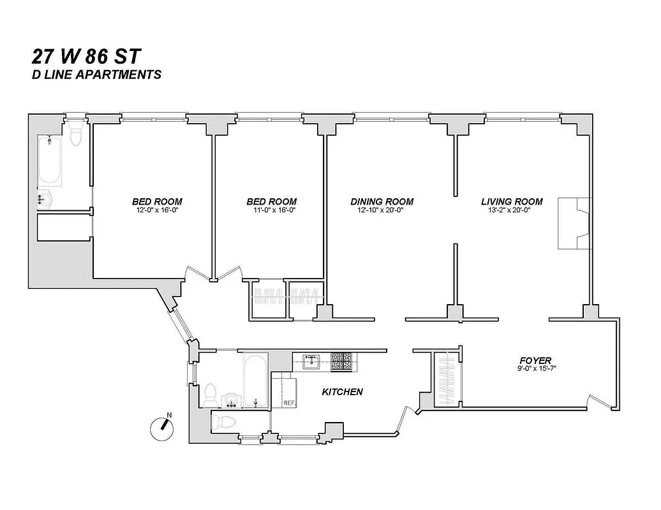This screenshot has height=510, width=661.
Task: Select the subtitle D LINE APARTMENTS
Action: [x=96, y=75]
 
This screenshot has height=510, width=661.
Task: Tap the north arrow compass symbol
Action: [x=162, y=428]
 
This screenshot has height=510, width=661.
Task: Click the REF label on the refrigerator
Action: [x=288, y=402]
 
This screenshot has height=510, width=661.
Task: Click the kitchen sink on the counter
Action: [x=312, y=361]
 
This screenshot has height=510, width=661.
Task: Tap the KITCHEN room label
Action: [x=342, y=392]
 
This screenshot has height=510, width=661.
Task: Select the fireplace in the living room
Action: [x=574, y=223]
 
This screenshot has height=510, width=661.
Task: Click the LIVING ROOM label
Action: [x=512, y=201]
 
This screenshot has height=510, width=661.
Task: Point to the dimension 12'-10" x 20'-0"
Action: [x=382, y=210]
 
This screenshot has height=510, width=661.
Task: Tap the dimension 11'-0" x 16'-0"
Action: [x=271, y=210]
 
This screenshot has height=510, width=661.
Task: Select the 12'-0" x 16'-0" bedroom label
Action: [x=157, y=210]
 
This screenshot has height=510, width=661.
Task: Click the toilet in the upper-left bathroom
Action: [x=76, y=135]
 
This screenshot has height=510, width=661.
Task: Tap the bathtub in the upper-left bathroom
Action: [x=50, y=162]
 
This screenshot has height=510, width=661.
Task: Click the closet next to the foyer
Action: [x=446, y=380]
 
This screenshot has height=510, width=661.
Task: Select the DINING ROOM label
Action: [x=382, y=201]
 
